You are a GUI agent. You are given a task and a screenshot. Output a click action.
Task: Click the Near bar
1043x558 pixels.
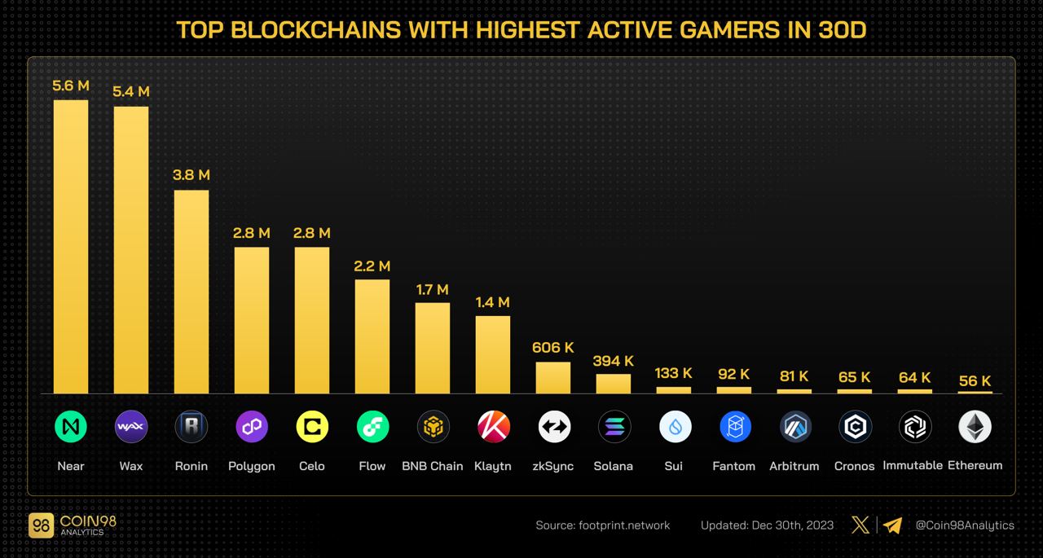(x=71, y=246)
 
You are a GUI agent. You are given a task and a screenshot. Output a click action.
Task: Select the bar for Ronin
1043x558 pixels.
(x=191, y=292)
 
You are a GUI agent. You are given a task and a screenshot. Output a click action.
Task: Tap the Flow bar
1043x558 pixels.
(x=372, y=336)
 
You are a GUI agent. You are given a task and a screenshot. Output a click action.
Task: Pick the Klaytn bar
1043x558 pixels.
(x=493, y=354)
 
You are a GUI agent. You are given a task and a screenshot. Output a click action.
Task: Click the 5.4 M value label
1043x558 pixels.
(x=131, y=92)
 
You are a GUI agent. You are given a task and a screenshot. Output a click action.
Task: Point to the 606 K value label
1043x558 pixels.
(x=553, y=348)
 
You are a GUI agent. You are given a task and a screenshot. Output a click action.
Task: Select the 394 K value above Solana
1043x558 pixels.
(x=614, y=361)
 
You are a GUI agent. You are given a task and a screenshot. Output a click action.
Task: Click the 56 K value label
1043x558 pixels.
(x=975, y=380)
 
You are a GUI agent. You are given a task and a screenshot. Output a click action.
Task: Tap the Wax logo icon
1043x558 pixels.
(x=131, y=426)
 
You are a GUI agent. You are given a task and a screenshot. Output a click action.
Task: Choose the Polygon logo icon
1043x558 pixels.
(x=252, y=426)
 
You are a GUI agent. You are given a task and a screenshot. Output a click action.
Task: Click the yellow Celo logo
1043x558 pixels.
(x=312, y=426)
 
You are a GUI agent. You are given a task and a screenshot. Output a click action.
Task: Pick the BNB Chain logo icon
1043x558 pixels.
(x=433, y=426)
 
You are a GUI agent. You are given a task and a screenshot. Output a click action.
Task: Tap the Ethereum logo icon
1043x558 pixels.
(x=975, y=426)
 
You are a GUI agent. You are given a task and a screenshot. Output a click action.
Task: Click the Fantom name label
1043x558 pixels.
(x=734, y=466)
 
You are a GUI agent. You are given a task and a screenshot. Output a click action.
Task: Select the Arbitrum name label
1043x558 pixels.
(x=794, y=466)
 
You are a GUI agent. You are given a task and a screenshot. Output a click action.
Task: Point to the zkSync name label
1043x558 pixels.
(x=553, y=466)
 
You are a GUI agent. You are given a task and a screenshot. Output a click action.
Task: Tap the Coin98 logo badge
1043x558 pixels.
(x=41, y=525)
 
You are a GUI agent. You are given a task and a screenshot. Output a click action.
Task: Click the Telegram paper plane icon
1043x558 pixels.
(x=893, y=525)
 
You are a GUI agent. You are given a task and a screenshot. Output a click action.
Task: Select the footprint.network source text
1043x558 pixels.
(x=624, y=525)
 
